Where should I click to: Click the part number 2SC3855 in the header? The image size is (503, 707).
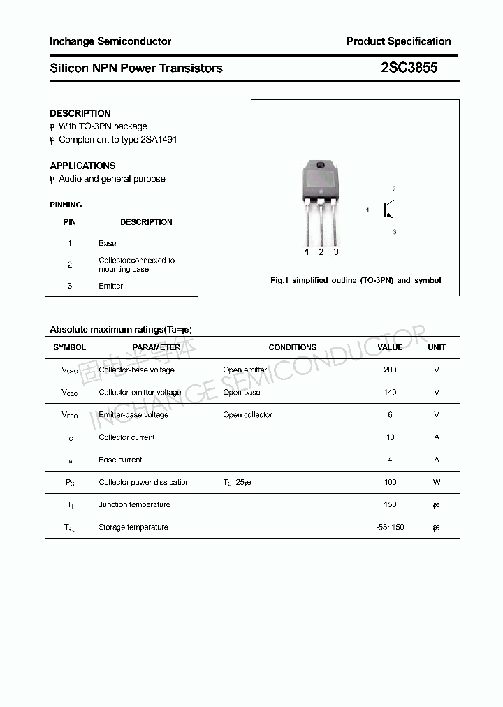coord(409,68)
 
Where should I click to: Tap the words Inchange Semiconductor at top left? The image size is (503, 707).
coord(110,41)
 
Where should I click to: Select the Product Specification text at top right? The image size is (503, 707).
coord(398,41)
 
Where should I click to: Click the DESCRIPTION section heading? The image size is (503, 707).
coord(80,113)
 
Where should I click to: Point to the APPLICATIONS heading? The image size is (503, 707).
coord(82,166)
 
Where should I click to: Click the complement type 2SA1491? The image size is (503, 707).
coord(159,139)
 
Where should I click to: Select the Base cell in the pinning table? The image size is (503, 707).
coord(108,243)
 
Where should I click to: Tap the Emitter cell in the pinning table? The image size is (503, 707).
coord(110,286)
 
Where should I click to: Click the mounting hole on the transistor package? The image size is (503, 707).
coord(321,166)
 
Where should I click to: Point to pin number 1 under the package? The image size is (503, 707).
coord(307,252)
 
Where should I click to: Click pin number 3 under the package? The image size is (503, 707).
coord(336,252)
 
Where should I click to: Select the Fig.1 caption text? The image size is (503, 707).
coord(355,280)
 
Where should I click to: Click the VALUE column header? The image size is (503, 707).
coord(390,347)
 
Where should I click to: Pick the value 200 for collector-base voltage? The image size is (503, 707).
coord(390,370)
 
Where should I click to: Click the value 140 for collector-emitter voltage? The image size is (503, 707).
coord(390,392)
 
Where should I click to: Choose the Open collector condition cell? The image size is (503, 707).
coord(247,414)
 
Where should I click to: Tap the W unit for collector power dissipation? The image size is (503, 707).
coord(437,482)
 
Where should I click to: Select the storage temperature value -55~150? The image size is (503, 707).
coord(390,527)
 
